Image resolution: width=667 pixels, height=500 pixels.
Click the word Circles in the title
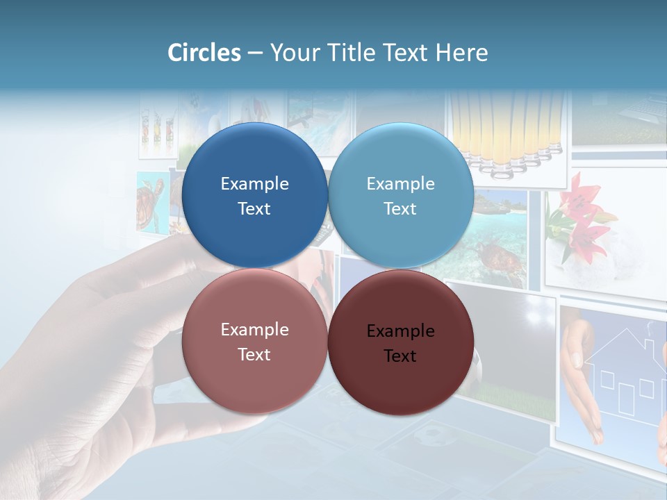204,53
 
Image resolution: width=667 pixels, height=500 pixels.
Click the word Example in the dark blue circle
254,183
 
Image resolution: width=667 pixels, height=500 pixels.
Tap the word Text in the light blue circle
400,209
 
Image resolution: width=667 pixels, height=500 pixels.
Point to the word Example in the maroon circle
400,331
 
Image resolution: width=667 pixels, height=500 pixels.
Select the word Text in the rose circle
254,355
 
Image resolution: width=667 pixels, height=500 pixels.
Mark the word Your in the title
294,53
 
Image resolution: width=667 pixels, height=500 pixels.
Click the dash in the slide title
255,53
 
